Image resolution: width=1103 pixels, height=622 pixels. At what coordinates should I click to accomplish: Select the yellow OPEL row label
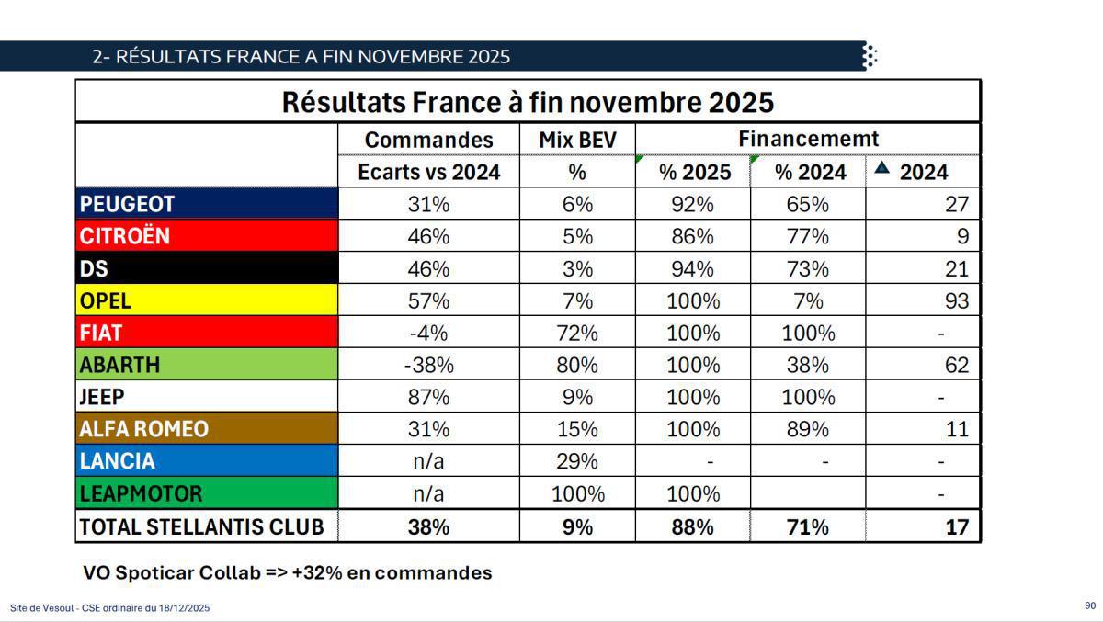106,300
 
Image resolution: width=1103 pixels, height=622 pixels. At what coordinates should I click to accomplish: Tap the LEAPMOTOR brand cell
141,493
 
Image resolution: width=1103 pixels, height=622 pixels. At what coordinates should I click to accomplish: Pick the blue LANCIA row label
118,461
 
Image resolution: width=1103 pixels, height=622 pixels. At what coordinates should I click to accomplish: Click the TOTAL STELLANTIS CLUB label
202,526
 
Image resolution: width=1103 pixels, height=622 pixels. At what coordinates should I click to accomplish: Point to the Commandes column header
428,140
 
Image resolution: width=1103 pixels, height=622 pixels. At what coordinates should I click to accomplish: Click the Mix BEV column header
577,140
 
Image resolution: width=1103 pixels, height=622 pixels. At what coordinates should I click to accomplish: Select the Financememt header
808,139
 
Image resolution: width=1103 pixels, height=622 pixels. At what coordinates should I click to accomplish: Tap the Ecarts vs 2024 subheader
428,172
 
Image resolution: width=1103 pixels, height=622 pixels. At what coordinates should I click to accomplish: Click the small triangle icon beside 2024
881,168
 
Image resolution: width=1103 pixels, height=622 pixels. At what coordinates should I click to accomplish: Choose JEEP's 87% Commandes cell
428,397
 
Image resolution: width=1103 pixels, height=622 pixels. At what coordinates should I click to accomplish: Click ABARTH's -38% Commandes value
428,365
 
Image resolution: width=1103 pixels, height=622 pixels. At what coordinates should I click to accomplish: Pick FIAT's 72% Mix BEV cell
577,333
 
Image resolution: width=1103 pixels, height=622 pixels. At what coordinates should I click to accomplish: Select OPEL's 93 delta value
956,300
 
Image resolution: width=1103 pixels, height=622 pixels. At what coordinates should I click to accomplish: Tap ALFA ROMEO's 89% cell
807,429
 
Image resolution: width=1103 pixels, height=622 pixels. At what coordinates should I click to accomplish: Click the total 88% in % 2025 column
692,526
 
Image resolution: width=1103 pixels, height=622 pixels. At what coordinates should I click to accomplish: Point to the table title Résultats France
528,102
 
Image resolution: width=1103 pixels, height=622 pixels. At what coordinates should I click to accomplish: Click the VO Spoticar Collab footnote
287,572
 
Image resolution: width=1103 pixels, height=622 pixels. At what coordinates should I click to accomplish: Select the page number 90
1090,605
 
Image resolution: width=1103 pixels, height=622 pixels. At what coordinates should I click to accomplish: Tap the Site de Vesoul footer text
110,607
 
